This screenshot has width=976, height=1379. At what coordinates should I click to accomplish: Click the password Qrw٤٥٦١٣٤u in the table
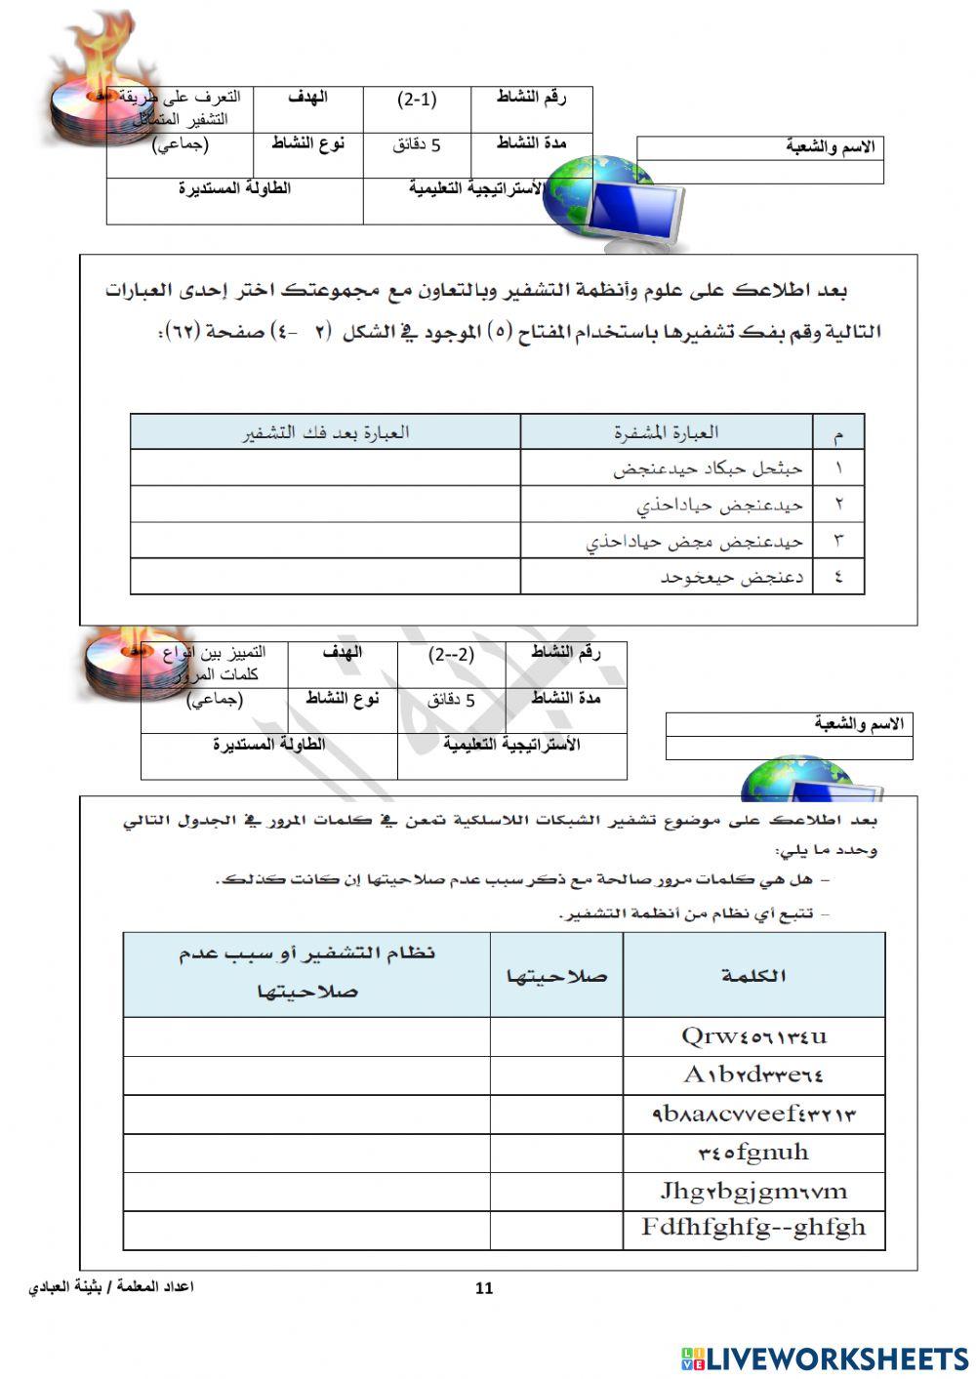(753, 1036)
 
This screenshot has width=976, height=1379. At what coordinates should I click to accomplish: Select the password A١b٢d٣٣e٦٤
(753, 1075)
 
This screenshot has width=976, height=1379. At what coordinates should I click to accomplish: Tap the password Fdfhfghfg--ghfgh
(753, 1228)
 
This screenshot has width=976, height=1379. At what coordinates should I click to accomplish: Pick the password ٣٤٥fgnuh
(753, 1153)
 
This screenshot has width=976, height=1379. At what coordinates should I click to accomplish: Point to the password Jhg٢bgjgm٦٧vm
(753, 1191)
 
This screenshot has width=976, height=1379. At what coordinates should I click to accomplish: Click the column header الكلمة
(753, 975)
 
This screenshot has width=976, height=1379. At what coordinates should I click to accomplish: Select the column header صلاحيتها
(556, 975)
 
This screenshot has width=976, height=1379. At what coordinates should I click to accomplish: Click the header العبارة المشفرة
(666, 431)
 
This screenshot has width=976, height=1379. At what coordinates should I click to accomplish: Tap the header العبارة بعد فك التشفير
(325, 431)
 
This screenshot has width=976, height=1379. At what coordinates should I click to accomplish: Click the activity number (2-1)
(417, 100)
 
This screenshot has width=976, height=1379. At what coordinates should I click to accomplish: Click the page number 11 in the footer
(484, 1288)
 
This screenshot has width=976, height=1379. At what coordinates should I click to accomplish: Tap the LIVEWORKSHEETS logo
(825, 1359)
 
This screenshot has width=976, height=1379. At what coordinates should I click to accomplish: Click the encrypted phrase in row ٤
(731, 577)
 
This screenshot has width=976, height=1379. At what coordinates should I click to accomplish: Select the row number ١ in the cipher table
(838, 468)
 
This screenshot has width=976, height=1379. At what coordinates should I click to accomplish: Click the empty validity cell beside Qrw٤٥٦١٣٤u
(556, 1036)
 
